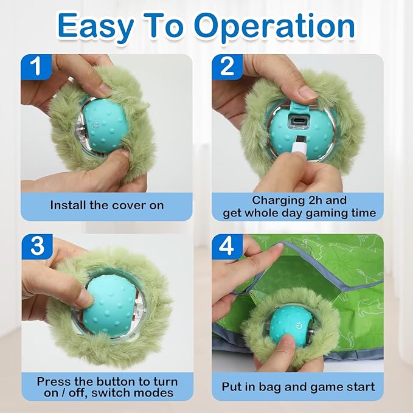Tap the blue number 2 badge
point(227,66)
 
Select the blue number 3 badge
point(38,246)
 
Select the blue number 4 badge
point(227,246)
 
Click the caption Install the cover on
point(106,205)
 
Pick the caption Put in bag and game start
point(297,387)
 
